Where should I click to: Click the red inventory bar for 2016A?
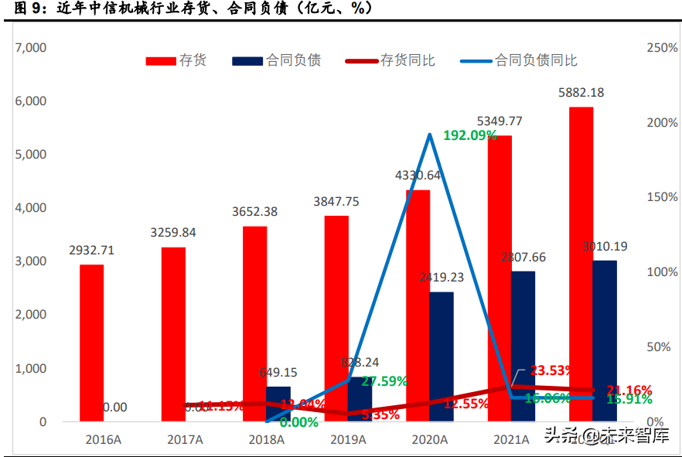point(91,343)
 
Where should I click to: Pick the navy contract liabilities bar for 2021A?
point(523,346)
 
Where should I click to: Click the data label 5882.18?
point(581,92)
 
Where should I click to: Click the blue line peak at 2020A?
point(429,135)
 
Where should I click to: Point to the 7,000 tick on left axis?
point(31,48)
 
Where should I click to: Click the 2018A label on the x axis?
point(267,439)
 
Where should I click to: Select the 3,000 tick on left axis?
point(31,261)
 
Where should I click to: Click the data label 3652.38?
point(255,211)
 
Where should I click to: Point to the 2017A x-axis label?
point(185,439)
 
